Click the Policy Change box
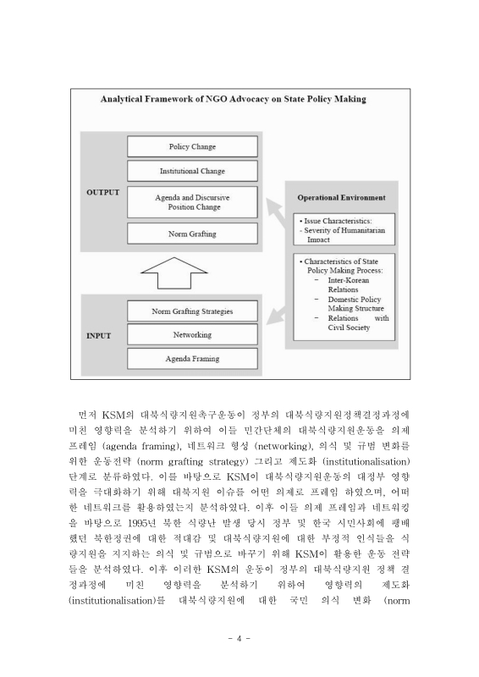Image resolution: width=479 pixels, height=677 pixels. tap(192, 146)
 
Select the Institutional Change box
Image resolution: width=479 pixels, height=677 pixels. tap(192, 171)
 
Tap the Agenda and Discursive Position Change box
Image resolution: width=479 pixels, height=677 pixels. tap(192, 201)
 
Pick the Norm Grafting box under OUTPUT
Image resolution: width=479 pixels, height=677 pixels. tap(192, 234)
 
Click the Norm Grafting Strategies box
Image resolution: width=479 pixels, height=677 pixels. tap(192, 311)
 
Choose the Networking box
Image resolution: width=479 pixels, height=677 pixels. tap(192, 335)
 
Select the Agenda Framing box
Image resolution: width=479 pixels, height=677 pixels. tap(192, 360)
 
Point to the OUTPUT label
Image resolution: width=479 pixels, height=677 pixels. tap(103, 193)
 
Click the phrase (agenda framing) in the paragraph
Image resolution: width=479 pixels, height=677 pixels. tap(132, 444)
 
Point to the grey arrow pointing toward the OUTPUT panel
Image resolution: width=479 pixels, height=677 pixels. tap(272, 209)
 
